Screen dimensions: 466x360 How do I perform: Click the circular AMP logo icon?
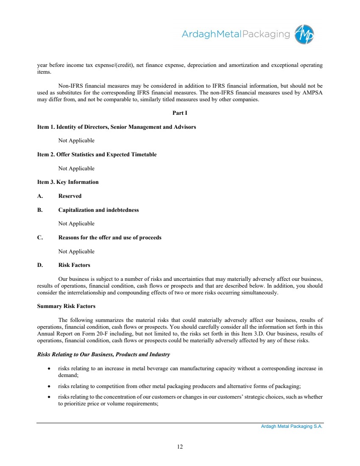tap(304, 34)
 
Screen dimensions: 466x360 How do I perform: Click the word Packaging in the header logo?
tap(266, 34)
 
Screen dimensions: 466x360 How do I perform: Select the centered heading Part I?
tap(180, 113)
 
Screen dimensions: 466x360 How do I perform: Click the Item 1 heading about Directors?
tap(117, 127)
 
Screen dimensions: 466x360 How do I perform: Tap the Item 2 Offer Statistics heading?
tap(97, 155)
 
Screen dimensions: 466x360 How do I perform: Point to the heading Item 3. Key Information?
tap(68, 182)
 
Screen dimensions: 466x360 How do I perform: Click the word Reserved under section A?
tap(70, 196)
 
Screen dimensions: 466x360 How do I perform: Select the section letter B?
tap(39, 210)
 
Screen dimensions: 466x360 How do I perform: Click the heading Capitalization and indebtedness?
tap(98, 210)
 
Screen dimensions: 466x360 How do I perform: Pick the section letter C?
tap(39, 238)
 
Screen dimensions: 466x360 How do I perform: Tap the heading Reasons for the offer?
tap(109, 238)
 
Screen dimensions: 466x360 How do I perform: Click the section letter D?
tap(39, 265)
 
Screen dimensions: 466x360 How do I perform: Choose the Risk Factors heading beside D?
tap(74, 265)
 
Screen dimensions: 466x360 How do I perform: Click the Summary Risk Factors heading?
tap(66, 306)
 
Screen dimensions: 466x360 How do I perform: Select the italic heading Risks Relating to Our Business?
tap(104, 354)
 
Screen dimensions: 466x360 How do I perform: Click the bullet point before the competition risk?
tap(49, 386)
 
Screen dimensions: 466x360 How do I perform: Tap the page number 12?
tap(180, 447)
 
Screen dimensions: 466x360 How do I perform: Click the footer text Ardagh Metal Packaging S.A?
tap(292, 427)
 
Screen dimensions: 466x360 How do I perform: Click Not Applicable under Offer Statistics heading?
tap(76, 169)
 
